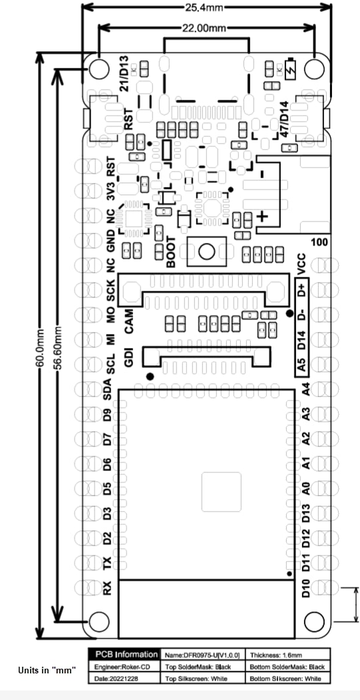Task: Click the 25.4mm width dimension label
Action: [x=206, y=7]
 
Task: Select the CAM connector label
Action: [x=130, y=325]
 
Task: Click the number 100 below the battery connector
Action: [x=319, y=242]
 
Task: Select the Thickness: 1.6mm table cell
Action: [x=288, y=655]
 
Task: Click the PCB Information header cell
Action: [x=123, y=655]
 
